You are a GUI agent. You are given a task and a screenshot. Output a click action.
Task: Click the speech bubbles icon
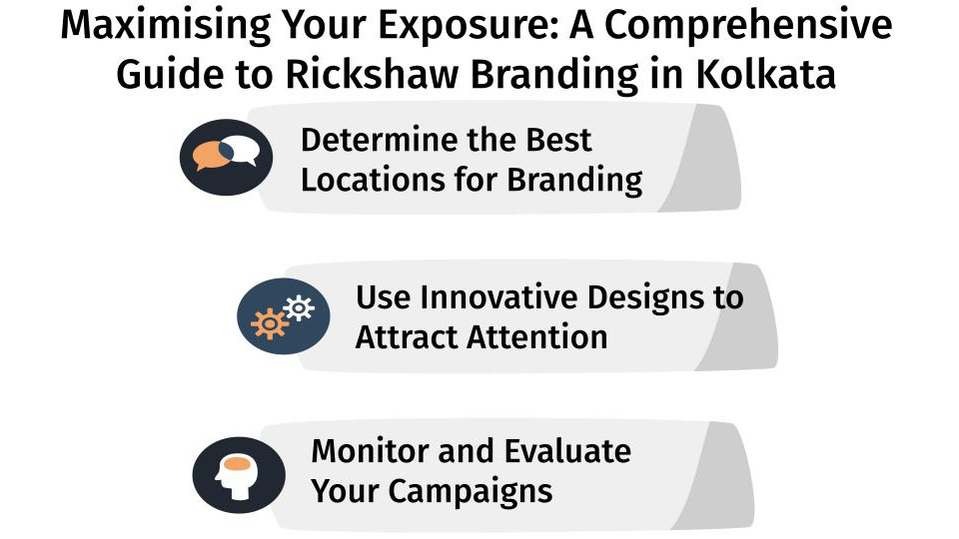tap(226, 157)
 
